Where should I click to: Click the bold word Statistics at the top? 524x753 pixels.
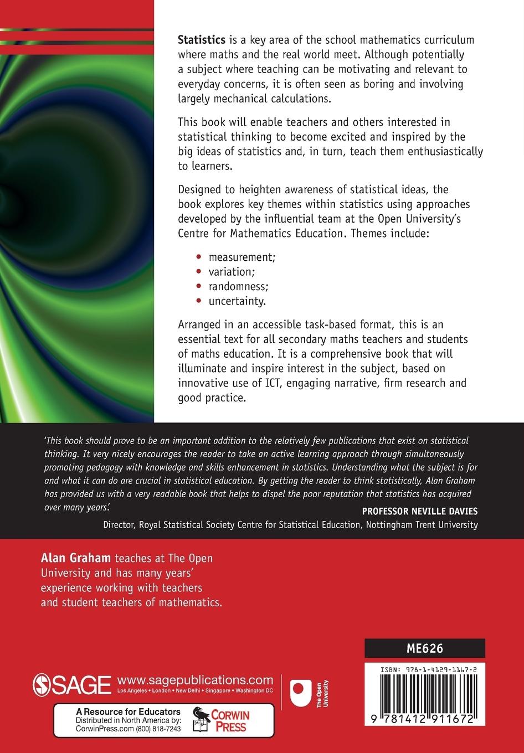click(201, 40)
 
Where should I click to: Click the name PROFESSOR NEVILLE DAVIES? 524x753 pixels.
click(412, 510)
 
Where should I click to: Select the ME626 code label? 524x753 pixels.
click(424, 648)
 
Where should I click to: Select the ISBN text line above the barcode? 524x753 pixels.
click(425, 669)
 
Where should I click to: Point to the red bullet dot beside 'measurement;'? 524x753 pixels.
click(199, 257)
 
